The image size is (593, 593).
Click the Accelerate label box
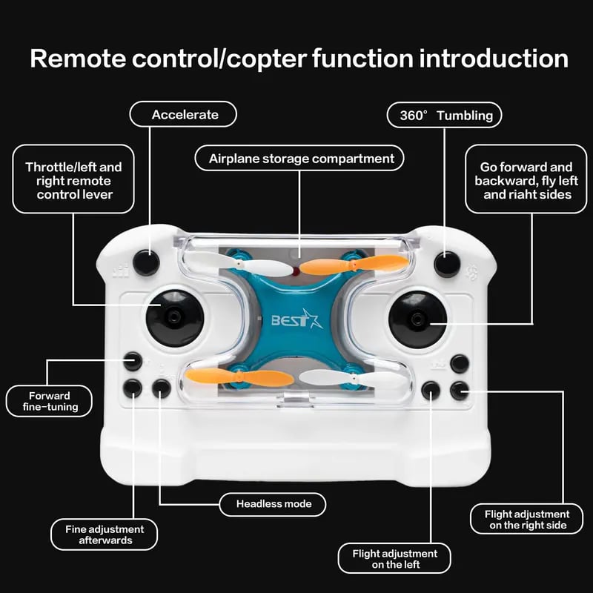click(x=184, y=115)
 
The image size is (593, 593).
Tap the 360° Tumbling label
click(x=445, y=115)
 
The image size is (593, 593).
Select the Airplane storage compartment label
click(x=300, y=159)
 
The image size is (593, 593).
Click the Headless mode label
click(x=274, y=504)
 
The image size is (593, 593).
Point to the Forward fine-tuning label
click(x=50, y=401)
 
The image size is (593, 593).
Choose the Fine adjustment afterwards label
click(x=104, y=534)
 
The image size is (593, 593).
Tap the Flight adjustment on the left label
click(x=394, y=559)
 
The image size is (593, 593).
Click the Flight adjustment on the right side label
click(x=527, y=519)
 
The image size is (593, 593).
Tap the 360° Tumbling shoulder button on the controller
click(x=447, y=264)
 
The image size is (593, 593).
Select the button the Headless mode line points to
click(x=162, y=388)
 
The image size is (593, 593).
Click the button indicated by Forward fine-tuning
click(x=133, y=361)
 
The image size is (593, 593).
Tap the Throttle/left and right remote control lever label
click(x=74, y=181)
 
